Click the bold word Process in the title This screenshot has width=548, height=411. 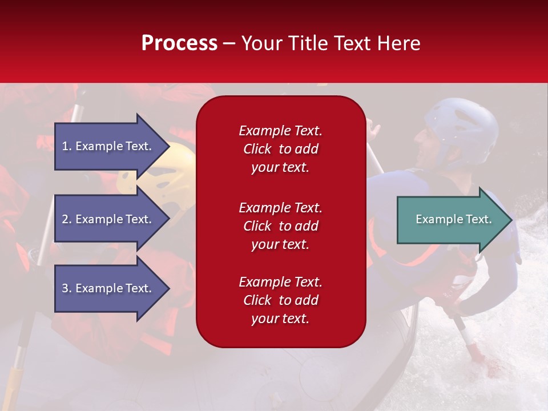click(179, 43)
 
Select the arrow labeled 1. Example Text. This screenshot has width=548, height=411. click(108, 146)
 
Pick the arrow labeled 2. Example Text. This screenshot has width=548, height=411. click(108, 219)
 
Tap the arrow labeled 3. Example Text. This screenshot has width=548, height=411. click(108, 288)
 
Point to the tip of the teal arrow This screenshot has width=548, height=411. click(511, 219)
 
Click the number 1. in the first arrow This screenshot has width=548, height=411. click(66, 146)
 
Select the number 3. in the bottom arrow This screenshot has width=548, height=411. click(66, 288)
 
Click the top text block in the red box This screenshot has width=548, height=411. click(280, 149)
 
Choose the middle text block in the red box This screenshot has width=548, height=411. click(280, 226)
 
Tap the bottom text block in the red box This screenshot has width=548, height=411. click(280, 300)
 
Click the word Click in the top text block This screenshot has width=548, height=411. click(257, 149)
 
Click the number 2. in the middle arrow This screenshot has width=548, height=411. click(66, 219)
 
